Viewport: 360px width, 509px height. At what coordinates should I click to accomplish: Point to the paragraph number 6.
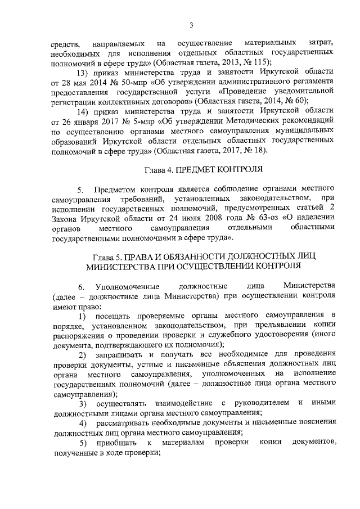click(80, 286)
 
